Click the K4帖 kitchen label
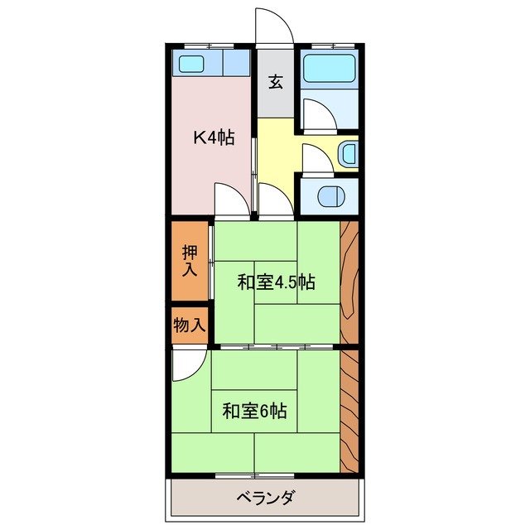click(x=213, y=138)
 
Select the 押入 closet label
click(x=190, y=260)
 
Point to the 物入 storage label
click(x=190, y=325)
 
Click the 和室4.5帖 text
click(x=276, y=282)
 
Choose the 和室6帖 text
click(x=254, y=410)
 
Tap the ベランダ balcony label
click(x=266, y=499)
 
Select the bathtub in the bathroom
click(x=328, y=69)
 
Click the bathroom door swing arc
click(x=318, y=114)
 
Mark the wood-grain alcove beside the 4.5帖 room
click(x=349, y=282)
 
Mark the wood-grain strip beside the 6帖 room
click(x=349, y=410)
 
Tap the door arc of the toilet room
click(x=318, y=159)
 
